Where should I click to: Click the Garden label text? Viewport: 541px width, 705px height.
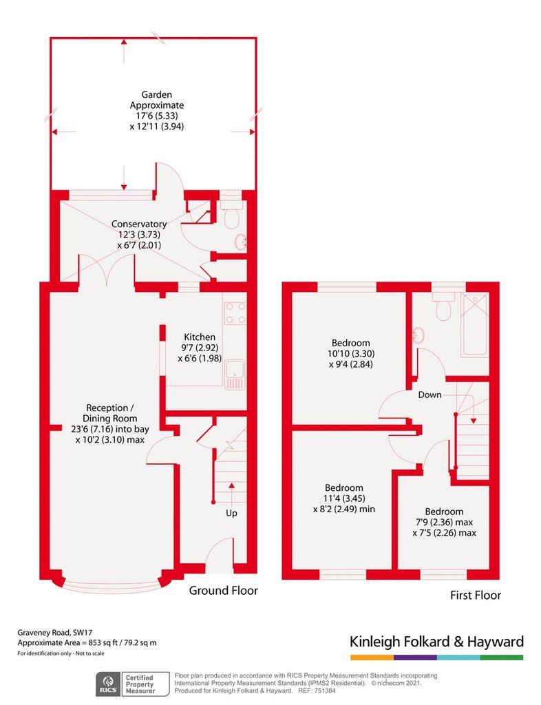point(157,94)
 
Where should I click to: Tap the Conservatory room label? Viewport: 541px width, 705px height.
point(139,224)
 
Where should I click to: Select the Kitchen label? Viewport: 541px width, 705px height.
point(200,337)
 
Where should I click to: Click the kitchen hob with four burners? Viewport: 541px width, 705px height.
point(235,313)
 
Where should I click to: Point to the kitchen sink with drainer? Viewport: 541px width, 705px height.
point(235,374)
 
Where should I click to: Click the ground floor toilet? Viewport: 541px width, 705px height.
point(232,215)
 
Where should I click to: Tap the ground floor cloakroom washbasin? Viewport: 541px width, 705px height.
point(241,243)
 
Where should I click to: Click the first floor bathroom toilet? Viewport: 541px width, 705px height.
point(443,306)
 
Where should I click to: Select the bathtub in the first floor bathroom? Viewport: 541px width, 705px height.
point(474,325)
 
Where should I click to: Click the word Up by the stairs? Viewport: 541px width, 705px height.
point(231,513)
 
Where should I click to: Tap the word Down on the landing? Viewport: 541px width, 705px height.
point(429,394)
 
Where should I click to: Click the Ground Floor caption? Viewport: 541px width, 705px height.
point(223,590)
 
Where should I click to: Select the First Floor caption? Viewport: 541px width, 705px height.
point(476,596)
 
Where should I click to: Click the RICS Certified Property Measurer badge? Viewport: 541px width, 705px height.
point(133,684)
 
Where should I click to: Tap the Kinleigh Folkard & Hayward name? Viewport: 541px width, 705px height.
point(437,642)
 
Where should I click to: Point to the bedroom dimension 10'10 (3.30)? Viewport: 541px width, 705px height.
point(351,354)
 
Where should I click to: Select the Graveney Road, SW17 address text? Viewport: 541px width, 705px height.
point(55,633)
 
